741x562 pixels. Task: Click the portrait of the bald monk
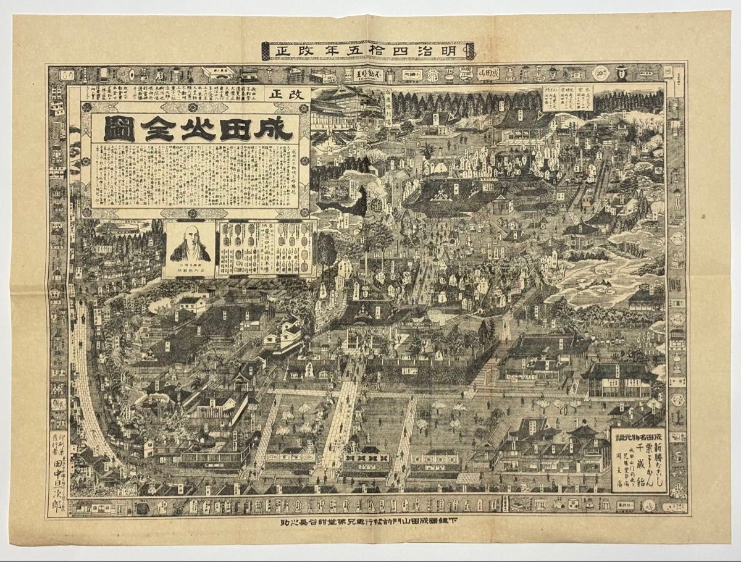190,245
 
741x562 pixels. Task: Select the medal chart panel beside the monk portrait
266,247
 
